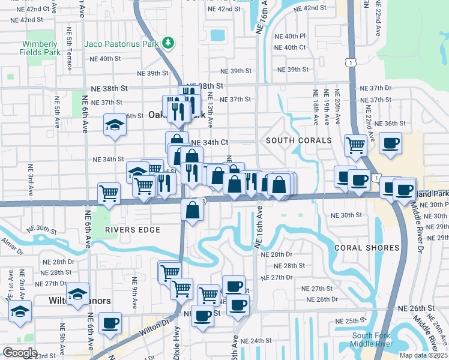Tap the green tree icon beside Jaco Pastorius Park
point(169,43)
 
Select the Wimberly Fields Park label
point(40,48)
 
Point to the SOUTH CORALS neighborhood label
point(299,140)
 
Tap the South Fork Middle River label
point(372,340)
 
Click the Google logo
point(20,352)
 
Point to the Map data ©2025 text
point(424,355)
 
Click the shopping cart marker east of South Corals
point(356,144)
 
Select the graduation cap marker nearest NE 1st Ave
point(20,311)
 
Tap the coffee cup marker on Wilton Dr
point(110,323)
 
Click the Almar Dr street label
point(12,241)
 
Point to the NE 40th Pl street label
point(294,36)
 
